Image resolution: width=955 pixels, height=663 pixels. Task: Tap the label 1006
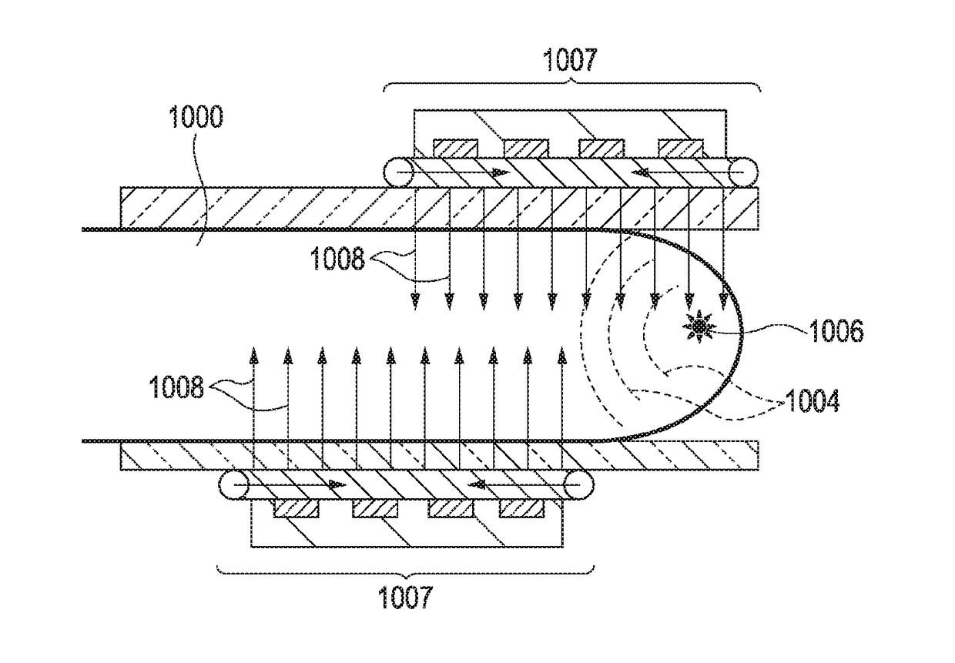(835, 331)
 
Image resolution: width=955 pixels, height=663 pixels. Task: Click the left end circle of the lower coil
(233, 485)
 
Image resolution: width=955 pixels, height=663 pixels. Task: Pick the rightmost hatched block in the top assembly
(681, 147)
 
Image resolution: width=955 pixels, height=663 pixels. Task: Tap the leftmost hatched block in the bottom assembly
(297, 508)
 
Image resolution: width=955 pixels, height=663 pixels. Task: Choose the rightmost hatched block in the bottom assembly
(521, 508)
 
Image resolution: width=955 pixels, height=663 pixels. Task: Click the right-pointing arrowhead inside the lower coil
(336, 485)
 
